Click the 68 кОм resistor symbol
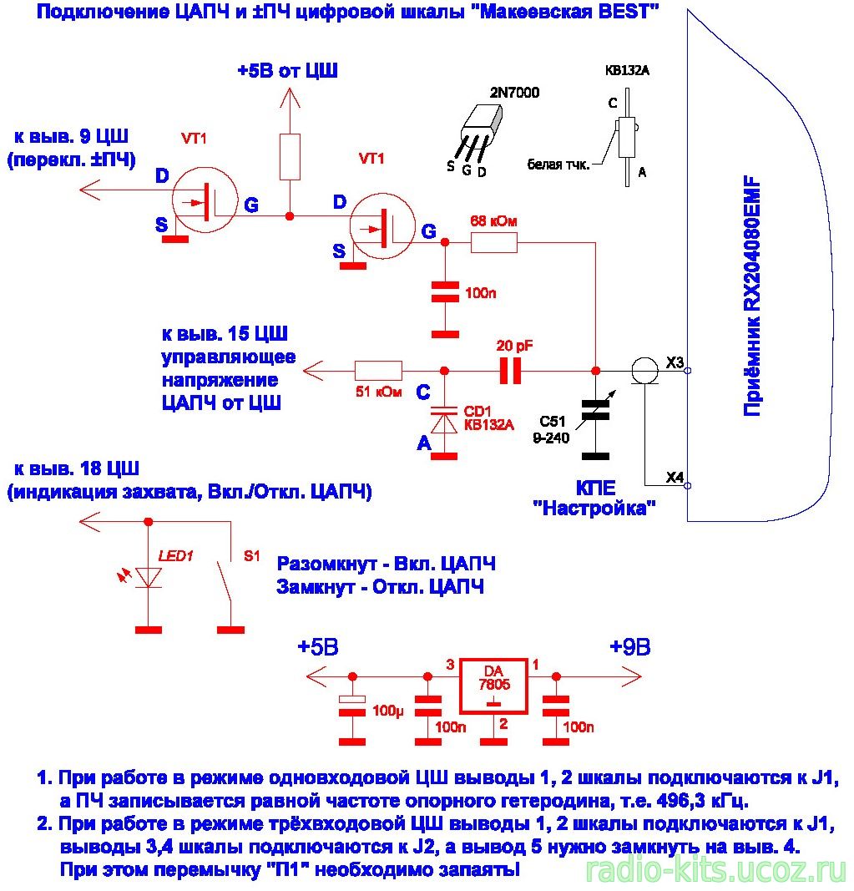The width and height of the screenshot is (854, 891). click(x=493, y=243)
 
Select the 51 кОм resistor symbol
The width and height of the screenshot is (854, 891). click(x=378, y=371)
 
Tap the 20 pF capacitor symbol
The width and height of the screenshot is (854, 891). click(x=510, y=371)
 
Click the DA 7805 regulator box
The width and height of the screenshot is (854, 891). click(x=493, y=686)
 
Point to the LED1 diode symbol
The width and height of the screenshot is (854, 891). click(x=149, y=577)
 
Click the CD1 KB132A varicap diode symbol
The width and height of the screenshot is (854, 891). click(x=444, y=420)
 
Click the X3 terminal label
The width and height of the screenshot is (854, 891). click(x=675, y=362)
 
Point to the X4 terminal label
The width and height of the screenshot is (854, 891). click(x=675, y=478)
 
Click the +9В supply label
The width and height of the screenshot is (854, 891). click(x=629, y=646)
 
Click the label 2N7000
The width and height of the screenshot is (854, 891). click(x=514, y=92)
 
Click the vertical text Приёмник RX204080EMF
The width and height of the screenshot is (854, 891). click(x=752, y=296)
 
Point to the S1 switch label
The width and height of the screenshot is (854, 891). click(x=252, y=556)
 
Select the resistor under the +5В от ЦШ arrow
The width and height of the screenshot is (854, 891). click(x=290, y=157)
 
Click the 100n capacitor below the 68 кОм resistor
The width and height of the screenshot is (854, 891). click(x=445, y=292)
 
